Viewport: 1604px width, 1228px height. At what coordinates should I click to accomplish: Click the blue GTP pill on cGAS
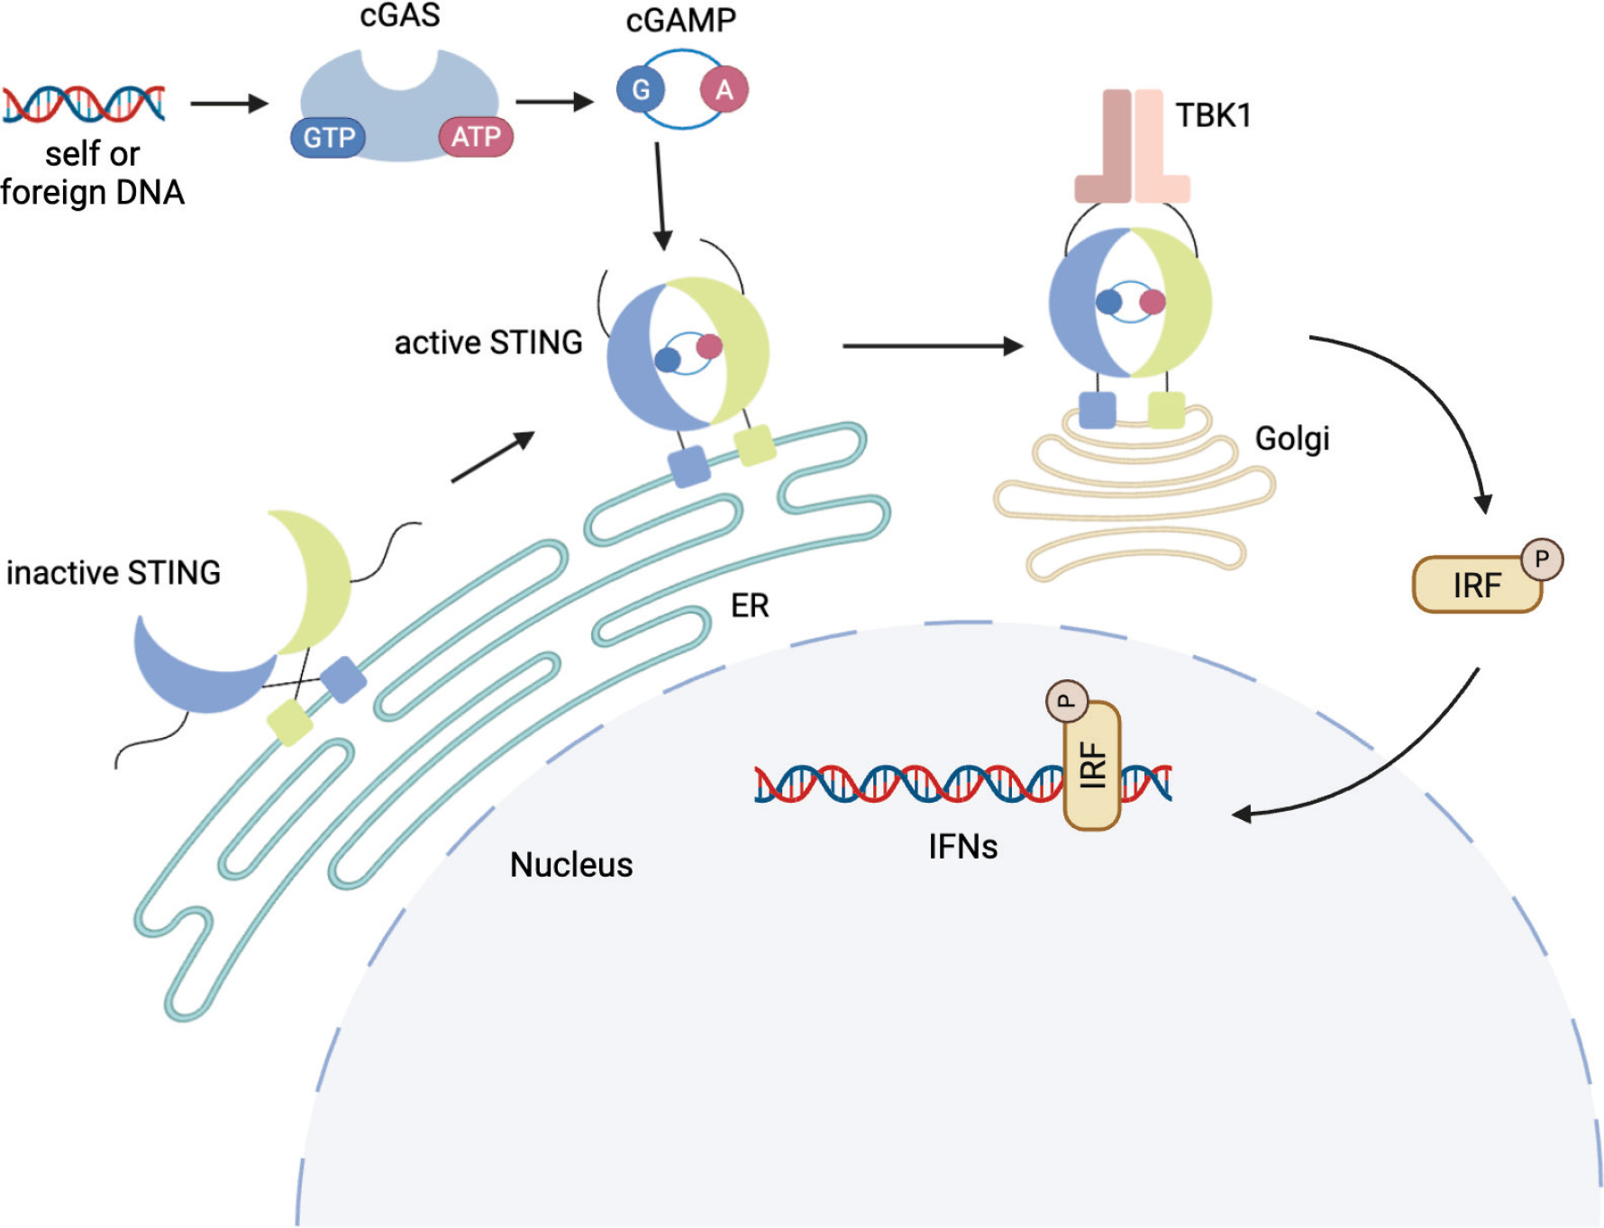point(328,138)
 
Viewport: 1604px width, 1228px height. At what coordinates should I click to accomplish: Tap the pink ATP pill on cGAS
point(476,137)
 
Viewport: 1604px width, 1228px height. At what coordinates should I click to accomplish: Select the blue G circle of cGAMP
point(641,90)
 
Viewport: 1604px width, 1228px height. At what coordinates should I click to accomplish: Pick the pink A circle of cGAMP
point(724,90)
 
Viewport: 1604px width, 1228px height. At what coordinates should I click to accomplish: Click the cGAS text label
point(400,15)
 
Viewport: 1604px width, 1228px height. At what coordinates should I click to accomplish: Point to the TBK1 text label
point(1213,115)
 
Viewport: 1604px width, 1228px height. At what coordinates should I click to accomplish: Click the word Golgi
point(1292,439)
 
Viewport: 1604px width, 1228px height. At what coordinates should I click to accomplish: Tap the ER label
point(750,605)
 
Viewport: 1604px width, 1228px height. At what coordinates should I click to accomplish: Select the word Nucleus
point(571,865)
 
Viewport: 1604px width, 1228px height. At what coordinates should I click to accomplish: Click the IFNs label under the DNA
point(963,847)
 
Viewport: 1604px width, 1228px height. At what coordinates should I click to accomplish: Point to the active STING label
point(488,342)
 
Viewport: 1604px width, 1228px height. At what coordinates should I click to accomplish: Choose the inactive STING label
point(114,573)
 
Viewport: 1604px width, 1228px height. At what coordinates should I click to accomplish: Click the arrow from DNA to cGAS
point(230,104)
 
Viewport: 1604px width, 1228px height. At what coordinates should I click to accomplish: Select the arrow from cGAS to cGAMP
point(554,102)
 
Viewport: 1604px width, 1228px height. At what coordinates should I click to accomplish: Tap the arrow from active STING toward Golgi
point(932,345)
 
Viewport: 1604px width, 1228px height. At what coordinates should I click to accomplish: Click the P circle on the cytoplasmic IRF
point(1542,559)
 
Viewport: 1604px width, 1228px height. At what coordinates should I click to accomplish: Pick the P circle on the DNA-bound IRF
point(1067,701)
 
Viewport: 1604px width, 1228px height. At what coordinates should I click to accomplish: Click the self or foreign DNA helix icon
point(84,104)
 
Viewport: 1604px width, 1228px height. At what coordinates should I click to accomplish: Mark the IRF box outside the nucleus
point(1476,586)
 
